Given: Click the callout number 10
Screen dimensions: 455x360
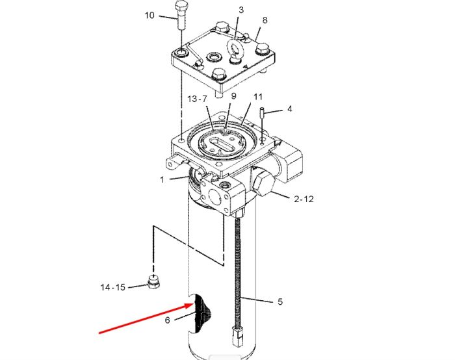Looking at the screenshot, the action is click(x=149, y=16).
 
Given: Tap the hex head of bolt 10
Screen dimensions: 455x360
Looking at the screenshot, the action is click(x=182, y=5).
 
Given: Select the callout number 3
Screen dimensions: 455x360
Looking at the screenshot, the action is click(x=241, y=10).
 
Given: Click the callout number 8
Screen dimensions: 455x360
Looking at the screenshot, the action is click(x=265, y=20).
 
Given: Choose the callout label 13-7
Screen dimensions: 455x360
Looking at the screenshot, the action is click(x=198, y=99).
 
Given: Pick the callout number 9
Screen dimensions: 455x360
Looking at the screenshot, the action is click(x=233, y=96).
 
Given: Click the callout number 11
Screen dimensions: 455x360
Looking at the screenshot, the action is click(x=258, y=97).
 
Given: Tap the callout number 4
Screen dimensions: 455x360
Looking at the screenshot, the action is click(x=290, y=109).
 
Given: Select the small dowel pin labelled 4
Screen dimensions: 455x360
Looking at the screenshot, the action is click(x=262, y=112).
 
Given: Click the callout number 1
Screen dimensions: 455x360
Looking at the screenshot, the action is click(x=162, y=180).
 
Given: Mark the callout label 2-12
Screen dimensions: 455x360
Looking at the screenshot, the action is click(x=304, y=199).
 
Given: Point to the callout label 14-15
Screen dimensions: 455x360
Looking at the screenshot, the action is click(x=113, y=287).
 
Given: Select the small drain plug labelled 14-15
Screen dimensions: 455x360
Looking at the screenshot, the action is click(x=153, y=281).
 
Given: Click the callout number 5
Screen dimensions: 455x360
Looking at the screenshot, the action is click(x=280, y=302).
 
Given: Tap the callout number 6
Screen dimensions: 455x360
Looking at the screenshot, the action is click(x=168, y=320).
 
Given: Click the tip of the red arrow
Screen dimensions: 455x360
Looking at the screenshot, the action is click(x=193, y=303).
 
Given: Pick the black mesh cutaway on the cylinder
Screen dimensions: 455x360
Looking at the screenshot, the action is click(x=201, y=313).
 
